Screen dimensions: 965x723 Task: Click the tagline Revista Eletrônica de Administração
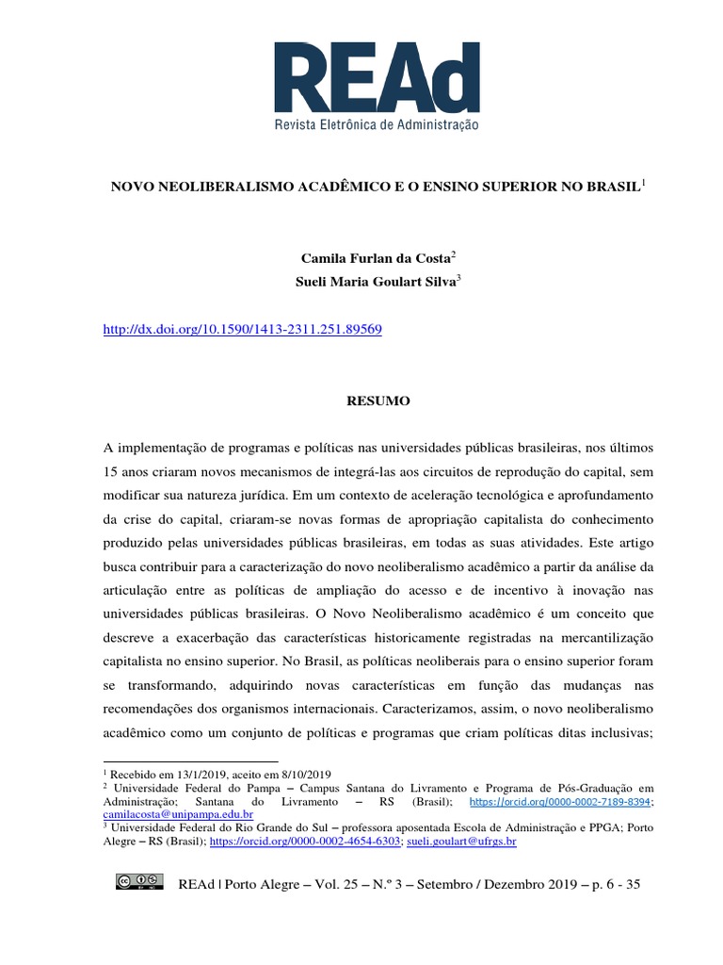click(x=376, y=123)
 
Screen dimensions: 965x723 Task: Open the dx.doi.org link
click(x=240, y=331)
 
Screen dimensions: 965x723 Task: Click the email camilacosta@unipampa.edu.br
click(x=178, y=813)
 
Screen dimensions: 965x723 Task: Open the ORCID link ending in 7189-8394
click(x=547, y=800)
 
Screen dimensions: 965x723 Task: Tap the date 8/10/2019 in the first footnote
click(x=299, y=773)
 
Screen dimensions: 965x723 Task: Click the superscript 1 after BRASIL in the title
click(x=644, y=182)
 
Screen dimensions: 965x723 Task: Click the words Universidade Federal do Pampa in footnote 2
click(x=190, y=787)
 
